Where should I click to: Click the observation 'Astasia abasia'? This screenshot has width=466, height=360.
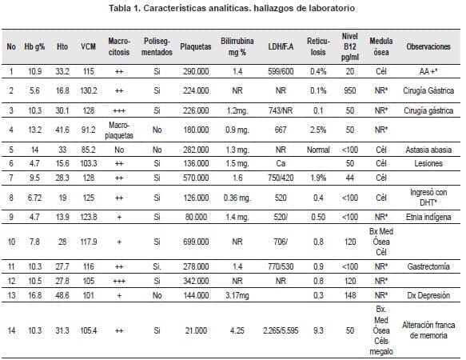[x=429, y=150]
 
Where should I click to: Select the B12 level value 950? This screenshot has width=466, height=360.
[x=349, y=90]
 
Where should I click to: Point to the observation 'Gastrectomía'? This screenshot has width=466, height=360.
[x=429, y=265]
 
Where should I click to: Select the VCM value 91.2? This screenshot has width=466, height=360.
[x=88, y=130]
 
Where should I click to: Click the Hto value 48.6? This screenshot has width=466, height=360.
[x=62, y=295]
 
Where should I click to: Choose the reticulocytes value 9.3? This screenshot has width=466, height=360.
[x=318, y=328]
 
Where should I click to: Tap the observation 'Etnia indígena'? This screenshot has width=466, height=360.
[x=429, y=217]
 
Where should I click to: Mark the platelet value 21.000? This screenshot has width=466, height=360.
[x=196, y=328]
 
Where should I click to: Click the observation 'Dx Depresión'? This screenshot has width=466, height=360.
[x=429, y=295]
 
